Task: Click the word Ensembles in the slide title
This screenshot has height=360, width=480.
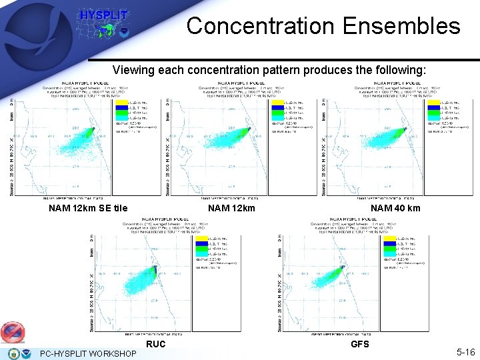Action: (400, 26)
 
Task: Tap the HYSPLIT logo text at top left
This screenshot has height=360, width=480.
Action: (104, 15)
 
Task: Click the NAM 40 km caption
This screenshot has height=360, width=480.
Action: (395, 208)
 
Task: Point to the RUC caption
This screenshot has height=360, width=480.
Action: (156, 344)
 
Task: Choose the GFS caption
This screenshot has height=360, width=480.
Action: (360, 344)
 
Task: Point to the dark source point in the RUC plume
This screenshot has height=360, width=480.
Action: (155, 269)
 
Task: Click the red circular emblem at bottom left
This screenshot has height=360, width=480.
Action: (13, 331)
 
